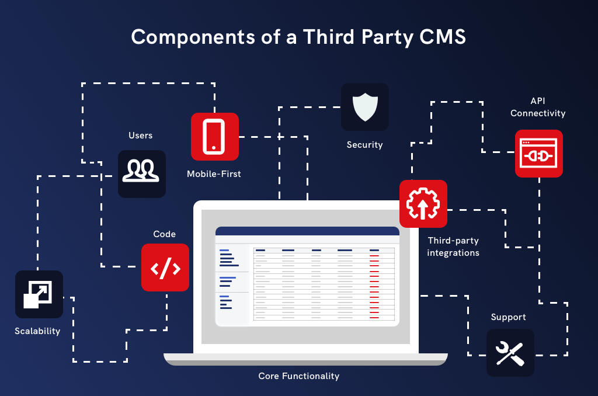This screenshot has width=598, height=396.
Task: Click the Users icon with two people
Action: pyautogui.click(x=142, y=173)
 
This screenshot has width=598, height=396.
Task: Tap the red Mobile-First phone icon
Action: pyautogui.click(x=215, y=137)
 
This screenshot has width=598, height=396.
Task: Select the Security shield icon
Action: pyautogui.click(x=364, y=107)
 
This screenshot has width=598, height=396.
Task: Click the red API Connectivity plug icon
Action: pyautogui.click(x=538, y=154)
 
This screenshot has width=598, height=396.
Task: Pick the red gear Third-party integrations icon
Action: pyautogui.click(x=423, y=204)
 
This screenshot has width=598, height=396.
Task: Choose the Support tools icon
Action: pyautogui.click(x=510, y=352)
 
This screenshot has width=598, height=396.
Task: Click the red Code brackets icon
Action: pyautogui.click(x=165, y=268)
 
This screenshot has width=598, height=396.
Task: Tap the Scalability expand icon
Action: pyautogui.click(x=39, y=294)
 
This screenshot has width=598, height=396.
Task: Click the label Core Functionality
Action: pyautogui.click(x=298, y=376)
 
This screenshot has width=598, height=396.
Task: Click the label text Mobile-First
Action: pyautogui.click(x=214, y=174)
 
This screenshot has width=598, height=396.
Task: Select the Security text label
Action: pyautogui.click(x=364, y=145)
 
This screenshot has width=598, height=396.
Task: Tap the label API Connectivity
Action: pyautogui.click(x=538, y=107)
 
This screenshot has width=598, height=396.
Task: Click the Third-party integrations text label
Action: pyautogui.click(x=453, y=246)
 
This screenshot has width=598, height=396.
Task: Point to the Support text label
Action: pyautogui.click(x=508, y=317)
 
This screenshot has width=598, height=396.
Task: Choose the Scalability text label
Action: pyautogui.click(x=37, y=331)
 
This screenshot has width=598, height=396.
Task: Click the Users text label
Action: pyautogui.click(x=140, y=136)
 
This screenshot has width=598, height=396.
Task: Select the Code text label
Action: pyautogui.click(x=164, y=234)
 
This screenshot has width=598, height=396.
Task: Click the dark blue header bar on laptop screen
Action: pyautogui.click(x=307, y=231)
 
